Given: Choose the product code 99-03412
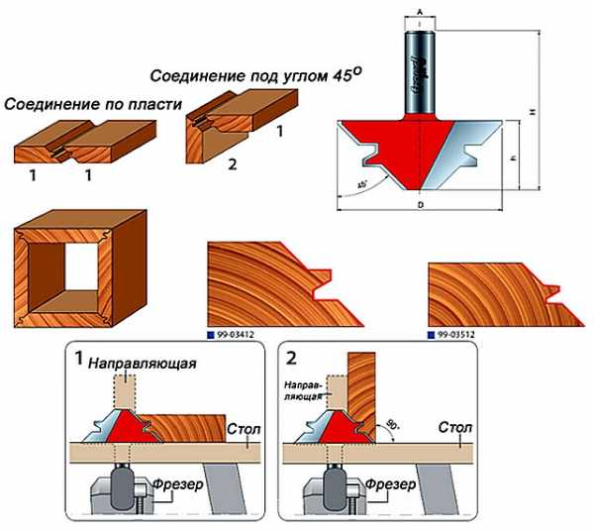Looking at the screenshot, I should click(236, 337).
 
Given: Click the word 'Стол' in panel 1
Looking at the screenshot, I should click(243, 429).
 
